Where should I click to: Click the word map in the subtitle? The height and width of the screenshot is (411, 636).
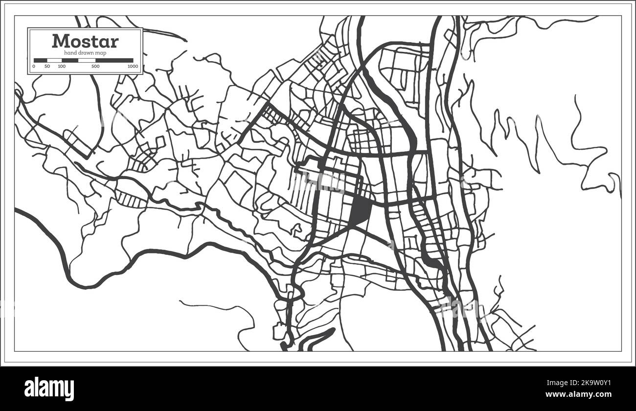point(101,52)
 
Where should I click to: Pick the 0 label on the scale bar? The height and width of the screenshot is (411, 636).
point(34,66)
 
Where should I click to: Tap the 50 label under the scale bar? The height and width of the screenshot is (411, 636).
point(47,66)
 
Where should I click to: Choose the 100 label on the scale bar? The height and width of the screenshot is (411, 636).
point(62,66)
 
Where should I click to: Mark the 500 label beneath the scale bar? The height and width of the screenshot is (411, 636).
point(95,66)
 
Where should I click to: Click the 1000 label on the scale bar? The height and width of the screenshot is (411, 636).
point(132,66)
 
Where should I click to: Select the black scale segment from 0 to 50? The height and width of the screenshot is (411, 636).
point(41,60)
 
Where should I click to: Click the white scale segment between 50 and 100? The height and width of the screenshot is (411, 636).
point(54,60)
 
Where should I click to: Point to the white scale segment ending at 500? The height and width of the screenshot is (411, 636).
point(87,60)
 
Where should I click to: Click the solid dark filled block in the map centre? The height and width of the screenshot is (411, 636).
point(361,210)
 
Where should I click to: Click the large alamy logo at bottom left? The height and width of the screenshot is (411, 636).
point(49,389)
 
